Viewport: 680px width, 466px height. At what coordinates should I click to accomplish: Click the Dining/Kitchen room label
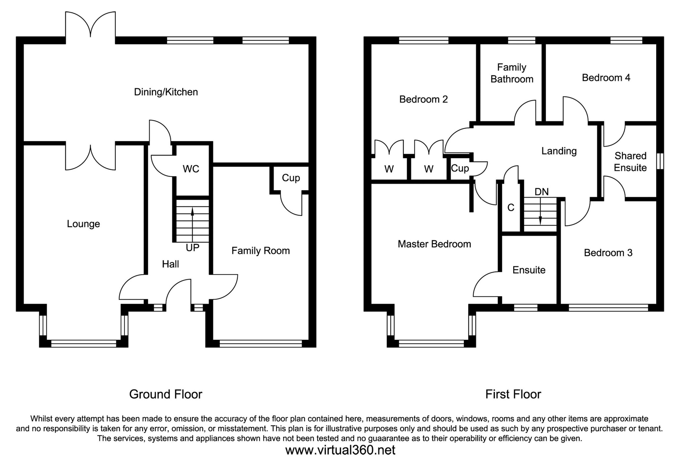click(x=166, y=92)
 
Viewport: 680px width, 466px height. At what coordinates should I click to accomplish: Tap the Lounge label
click(x=83, y=224)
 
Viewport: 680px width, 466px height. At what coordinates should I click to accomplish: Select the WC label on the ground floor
click(x=191, y=169)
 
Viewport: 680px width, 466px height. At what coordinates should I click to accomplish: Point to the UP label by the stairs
click(x=192, y=248)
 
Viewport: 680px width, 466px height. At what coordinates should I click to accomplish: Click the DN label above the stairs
click(x=541, y=192)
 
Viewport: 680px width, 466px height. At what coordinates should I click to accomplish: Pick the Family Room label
click(x=261, y=251)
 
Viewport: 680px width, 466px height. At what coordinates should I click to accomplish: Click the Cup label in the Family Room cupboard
click(x=291, y=178)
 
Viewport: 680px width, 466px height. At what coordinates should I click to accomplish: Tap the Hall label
click(x=170, y=264)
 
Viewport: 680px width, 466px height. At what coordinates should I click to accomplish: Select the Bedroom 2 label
click(x=423, y=99)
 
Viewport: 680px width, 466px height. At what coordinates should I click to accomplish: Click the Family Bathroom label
click(x=512, y=73)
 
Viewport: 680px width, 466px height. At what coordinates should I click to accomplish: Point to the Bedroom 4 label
click(x=606, y=78)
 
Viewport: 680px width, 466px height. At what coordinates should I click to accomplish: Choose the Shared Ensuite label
click(x=630, y=162)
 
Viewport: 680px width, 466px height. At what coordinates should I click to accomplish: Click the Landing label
click(x=559, y=151)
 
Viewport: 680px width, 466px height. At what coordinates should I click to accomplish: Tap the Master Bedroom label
click(x=434, y=244)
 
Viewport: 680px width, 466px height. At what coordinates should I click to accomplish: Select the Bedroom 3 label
click(x=608, y=253)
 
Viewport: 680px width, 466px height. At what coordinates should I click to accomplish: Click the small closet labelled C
click(x=511, y=208)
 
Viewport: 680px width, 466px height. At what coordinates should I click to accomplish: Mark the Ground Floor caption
click(x=166, y=394)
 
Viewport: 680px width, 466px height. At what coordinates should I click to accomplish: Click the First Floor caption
click(x=513, y=394)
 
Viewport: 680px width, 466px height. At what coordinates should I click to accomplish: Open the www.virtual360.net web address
click(x=340, y=450)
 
